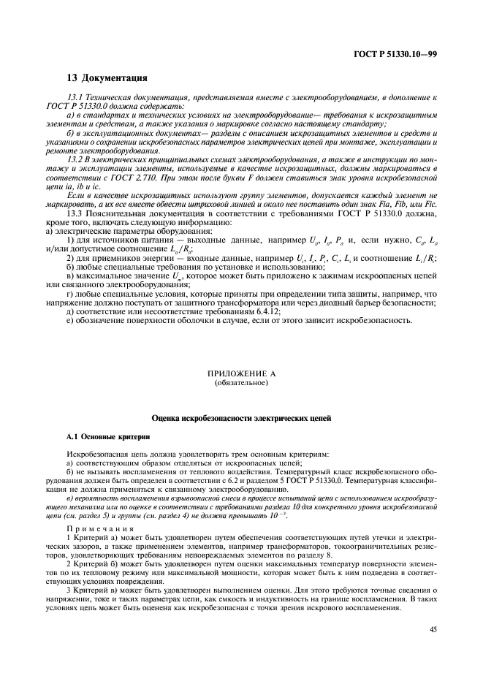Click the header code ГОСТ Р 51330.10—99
point(400,53)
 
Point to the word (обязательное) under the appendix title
point(241,382)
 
